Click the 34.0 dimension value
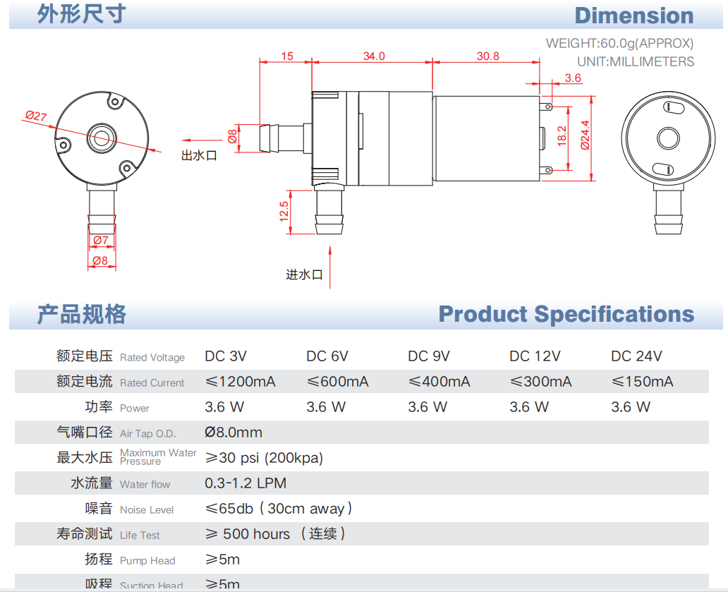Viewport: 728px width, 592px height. [x=374, y=56]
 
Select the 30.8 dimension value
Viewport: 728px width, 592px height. [x=487, y=56]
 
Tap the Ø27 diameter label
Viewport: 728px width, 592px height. [x=36, y=116]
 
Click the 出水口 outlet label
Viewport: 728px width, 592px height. [x=199, y=156]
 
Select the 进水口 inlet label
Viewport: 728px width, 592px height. [x=304, y=274]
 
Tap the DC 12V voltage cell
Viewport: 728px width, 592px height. [x=535, y=356]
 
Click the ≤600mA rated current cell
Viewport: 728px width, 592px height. [x=337, y=382]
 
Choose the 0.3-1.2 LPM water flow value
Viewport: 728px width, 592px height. [x=245, y=483]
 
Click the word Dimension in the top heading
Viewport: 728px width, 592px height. [x=633, y=16]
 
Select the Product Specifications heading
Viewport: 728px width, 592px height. [x=566, y=314]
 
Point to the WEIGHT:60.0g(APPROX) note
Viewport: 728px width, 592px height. [x=619, y=43]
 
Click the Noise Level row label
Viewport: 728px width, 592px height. [x=146, y=509]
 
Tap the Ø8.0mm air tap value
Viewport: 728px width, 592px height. [x=233, y=433]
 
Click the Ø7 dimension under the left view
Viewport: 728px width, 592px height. [x=101, y=241]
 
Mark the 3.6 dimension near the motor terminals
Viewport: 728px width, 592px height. [x=573, y=78]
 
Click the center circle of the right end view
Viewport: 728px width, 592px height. [x=667, y=138]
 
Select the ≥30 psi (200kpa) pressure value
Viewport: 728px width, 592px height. [x=264, y=458]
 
